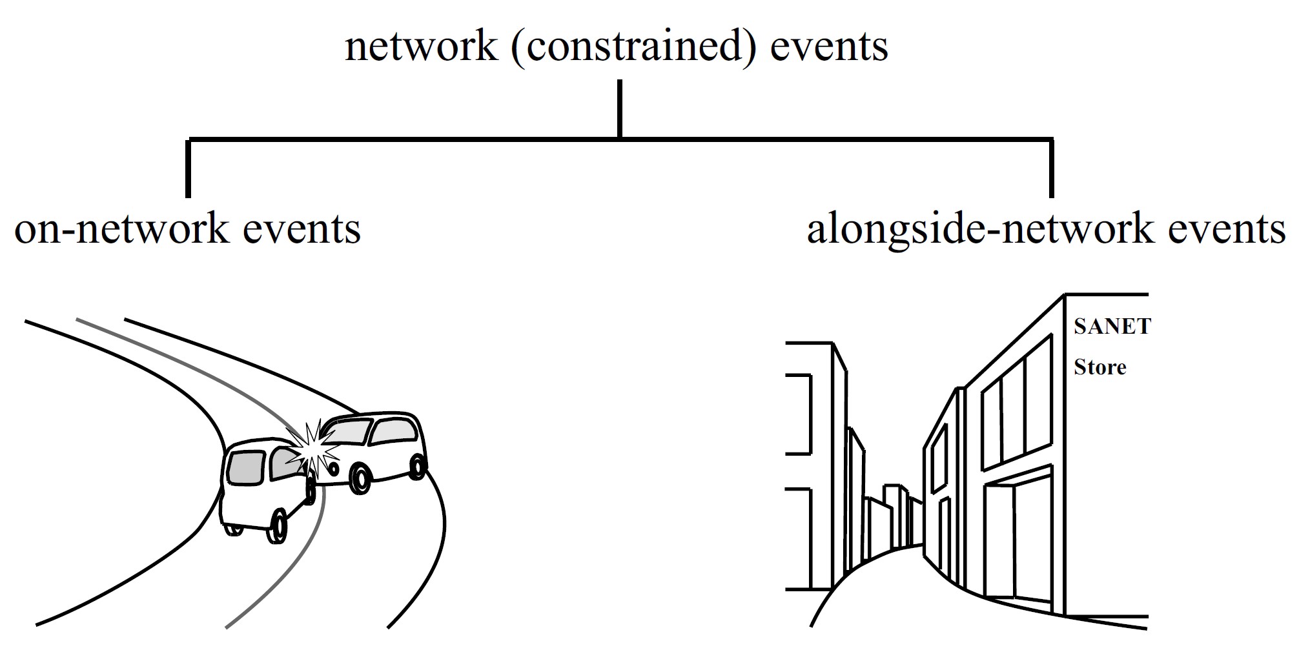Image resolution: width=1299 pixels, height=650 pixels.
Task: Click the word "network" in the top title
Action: click(421, 46)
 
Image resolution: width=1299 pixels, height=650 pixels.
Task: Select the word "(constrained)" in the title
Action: click(633, 48)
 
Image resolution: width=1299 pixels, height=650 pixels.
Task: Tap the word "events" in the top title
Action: click(830, 46)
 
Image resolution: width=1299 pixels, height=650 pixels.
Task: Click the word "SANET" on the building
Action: click(1112, 327)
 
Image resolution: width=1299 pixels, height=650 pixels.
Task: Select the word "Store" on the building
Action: click(1100, 367)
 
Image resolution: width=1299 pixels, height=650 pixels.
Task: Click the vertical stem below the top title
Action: click(620, 108)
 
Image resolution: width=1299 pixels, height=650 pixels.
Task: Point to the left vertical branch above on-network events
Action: click(188, 168)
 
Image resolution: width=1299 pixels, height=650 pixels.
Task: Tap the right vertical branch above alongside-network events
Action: click(1052, 168)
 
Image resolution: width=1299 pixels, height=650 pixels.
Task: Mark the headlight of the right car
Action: click(333, 466)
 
